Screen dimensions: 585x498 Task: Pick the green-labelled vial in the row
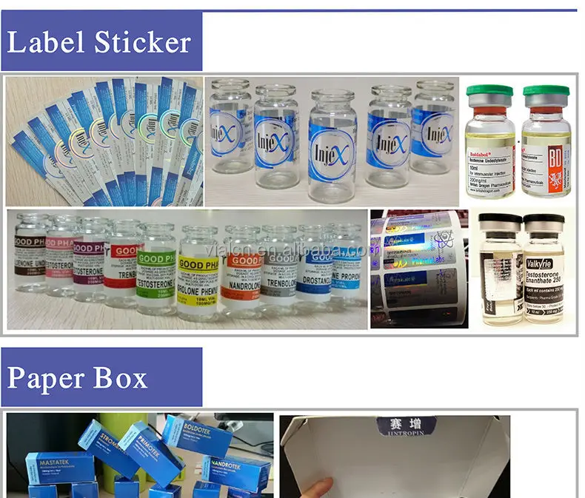click(156, 270)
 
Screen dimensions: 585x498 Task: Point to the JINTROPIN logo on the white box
click(400, 429)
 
